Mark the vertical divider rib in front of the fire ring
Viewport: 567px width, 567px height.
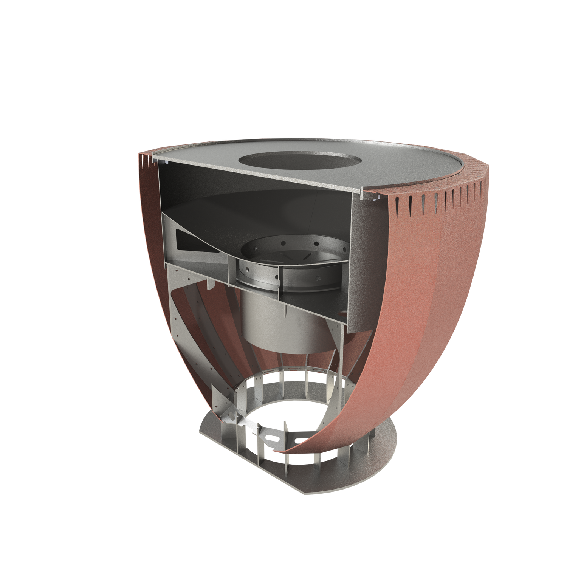click(280, 280)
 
